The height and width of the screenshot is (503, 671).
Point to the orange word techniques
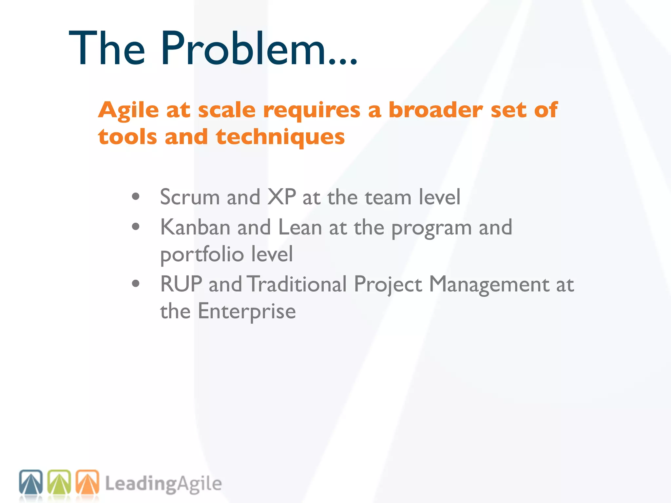pos(280,137)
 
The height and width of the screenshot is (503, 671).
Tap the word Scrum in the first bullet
pos(190,197)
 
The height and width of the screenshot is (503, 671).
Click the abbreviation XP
pos(281,197)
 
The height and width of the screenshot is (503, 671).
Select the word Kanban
pos(195,227)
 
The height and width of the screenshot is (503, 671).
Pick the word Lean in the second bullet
pos(300,227)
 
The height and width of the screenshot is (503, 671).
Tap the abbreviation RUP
pos(181,284)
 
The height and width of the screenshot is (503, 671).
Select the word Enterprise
pos(247,311)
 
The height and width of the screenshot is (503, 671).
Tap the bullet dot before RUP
pos(136,284)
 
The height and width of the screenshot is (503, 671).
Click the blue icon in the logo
pos(31,482)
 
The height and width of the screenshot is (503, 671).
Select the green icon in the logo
pos(59,482)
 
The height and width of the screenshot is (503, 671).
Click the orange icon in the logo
pos(87,482)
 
